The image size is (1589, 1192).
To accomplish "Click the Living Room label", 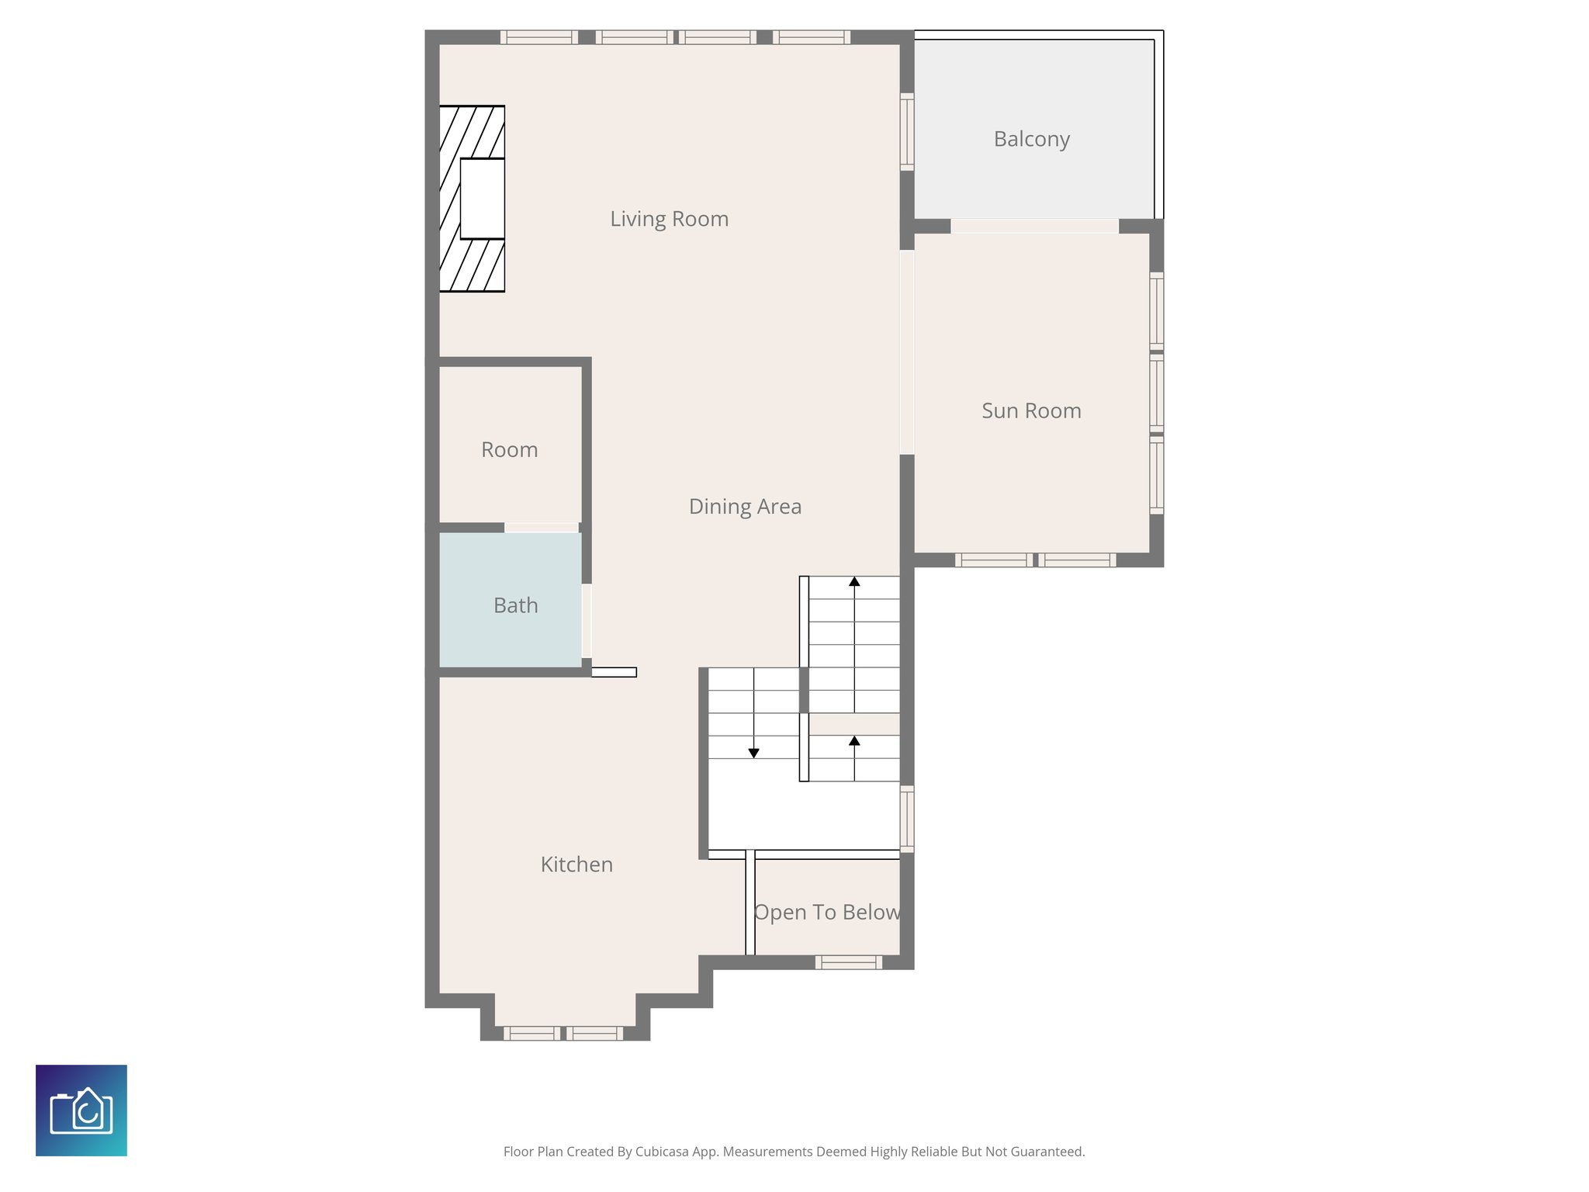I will (x=669, y=219).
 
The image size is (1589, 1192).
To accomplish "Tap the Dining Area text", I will (x=745, y=507).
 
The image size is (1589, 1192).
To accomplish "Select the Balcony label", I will (x=1031, y=139).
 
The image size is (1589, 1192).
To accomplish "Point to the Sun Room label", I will (x=1031, y=411).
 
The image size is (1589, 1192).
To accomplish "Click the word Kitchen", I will (x=576, y=865).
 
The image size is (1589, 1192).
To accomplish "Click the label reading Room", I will (x=509, y=450).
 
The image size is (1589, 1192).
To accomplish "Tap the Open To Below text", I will (x=827, y=913).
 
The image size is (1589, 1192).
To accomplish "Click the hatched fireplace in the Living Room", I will (x=472, y=199).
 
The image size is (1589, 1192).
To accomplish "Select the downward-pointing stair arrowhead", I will (x=753, y=754).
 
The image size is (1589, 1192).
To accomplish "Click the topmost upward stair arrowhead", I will (x=854, y=581).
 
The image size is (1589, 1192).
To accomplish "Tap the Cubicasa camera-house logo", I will (x=81, y=1111).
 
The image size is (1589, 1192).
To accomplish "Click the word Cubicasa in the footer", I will (x=661, y=1152).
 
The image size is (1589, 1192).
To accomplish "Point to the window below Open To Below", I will (x=848, y=962).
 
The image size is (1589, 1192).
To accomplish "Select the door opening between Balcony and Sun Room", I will (x=1034, y=226).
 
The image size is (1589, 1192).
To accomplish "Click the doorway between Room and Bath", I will (x=542, y=528).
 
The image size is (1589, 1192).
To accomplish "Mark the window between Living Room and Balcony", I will (x=906, y=131).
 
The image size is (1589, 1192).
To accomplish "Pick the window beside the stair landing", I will (x=906, y=818).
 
